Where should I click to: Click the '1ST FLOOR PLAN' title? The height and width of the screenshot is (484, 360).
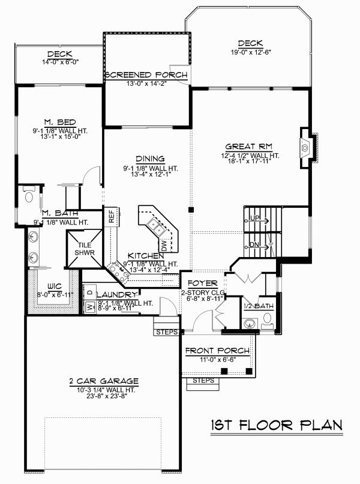point(277,425)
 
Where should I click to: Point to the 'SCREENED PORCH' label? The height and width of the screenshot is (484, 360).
point(146,75)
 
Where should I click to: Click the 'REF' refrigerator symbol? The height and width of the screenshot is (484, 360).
point(112,217)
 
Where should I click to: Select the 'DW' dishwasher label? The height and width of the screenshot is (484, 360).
point(163,244)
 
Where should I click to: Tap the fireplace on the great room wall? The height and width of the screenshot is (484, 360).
point(307,146)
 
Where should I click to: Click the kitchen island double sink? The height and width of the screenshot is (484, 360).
point(155,226)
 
